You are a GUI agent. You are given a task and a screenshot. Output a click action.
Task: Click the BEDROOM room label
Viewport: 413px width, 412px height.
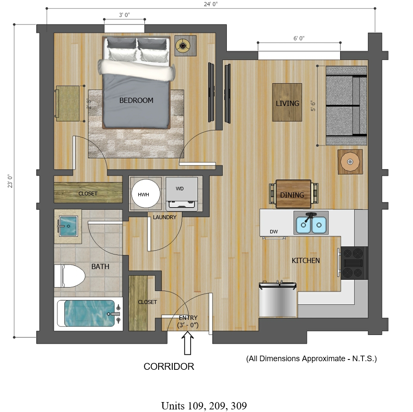[x=136, y=100]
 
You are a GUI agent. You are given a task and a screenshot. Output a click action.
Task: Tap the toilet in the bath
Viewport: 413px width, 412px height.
[x=69, y=276]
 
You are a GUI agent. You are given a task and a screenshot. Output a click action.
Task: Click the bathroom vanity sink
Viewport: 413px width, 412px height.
[x=68, y=226]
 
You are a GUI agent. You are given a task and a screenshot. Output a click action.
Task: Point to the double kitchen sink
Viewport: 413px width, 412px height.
[x=311, y=223]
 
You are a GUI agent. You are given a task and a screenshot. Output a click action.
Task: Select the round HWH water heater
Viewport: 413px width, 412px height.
[x=146, y=194]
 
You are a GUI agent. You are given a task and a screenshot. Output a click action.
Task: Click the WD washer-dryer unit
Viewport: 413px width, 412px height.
[x=181, y=194]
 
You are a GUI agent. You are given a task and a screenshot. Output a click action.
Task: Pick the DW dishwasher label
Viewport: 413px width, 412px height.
[x=274, y=232]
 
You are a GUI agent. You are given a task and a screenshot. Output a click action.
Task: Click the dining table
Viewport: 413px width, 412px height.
[x=294, y=194]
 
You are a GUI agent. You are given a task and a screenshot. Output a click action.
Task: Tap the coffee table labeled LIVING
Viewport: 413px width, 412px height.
[x=287, y=102]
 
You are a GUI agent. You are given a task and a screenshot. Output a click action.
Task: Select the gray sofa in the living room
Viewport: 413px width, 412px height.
[x=346, y=105]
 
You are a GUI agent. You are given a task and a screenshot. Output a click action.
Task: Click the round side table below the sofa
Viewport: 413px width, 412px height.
[x=350, y=162]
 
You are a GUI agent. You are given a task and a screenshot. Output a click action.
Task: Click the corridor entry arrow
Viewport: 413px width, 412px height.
[x=188, y=343]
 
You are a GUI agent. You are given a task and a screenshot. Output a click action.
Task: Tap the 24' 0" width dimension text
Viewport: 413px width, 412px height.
[x=211, y=4]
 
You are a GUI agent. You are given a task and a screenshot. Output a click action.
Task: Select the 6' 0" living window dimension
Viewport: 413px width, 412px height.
[x=299, y=38]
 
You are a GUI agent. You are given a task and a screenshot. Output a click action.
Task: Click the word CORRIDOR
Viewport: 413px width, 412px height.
[x=169, y=366]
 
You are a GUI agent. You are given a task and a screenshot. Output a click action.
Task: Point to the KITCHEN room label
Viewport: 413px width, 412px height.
[x=306, y=260]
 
